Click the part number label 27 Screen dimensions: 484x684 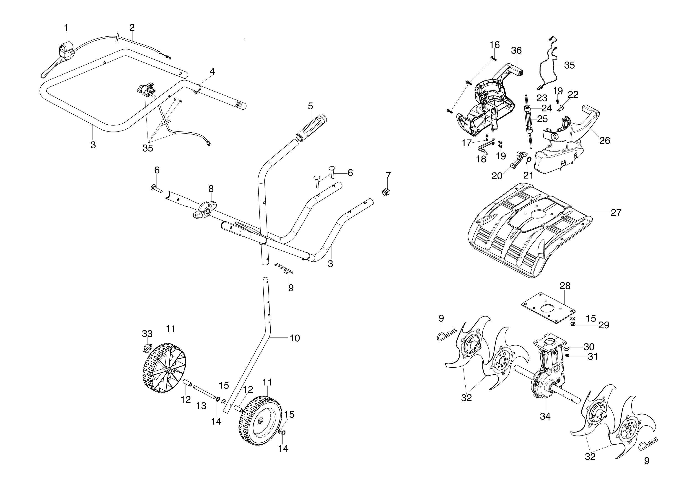point(616,213)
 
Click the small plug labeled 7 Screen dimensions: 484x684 point(386,192)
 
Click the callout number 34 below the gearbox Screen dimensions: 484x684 point(545,416)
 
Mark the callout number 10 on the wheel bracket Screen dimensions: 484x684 point(295,338)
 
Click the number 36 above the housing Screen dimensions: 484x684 point(516,51)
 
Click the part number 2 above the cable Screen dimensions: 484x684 point(132,28)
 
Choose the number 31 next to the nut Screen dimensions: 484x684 point(593,356)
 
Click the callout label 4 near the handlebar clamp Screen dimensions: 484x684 point(212,72)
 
